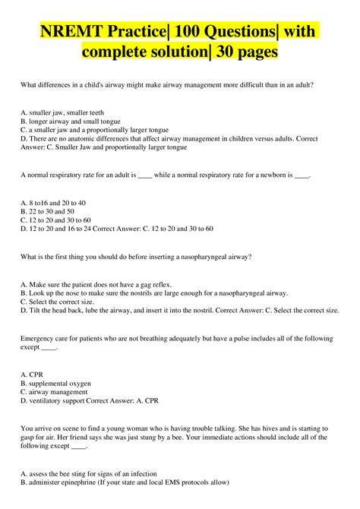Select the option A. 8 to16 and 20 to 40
pos(53,203)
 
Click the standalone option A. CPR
pos(32,375)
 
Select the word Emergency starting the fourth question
pos(39,339)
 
